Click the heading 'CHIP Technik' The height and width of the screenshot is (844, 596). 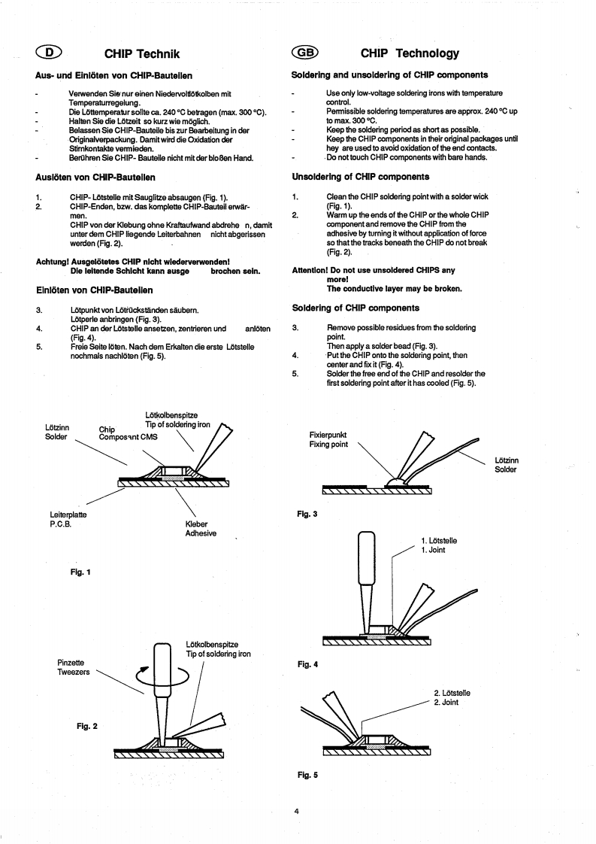(x=143, y=53)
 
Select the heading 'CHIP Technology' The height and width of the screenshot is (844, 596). (x=410, y=53)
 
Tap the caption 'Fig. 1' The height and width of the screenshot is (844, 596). (x=78, y=572)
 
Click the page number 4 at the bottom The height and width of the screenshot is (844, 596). (x=298, y=811)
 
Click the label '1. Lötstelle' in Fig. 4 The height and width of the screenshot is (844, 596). (x=441, y=540)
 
